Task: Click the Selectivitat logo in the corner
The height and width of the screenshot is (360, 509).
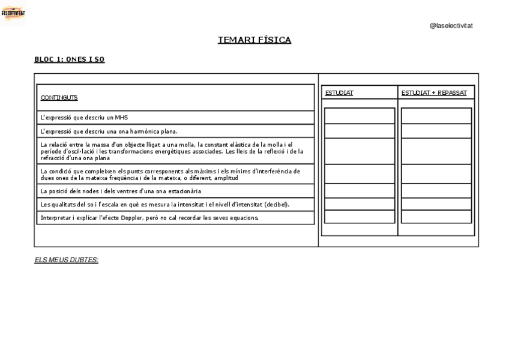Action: coord(13,13)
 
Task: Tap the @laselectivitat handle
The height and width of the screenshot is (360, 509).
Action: coord(451,26)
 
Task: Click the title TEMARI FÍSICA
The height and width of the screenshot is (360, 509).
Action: coord(254,40)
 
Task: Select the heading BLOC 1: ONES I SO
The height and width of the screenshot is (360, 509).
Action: coord(70,59)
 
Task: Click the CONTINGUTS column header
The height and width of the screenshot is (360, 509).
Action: coord(59,97)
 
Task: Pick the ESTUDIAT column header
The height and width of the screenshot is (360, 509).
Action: coord(339,93)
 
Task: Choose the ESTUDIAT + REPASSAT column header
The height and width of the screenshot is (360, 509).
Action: coord(434,93)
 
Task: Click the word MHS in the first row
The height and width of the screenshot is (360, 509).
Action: coord(122,118)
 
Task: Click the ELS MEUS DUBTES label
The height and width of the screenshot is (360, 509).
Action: coord(66,260)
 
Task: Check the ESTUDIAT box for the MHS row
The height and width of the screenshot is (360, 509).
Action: coord(360,116)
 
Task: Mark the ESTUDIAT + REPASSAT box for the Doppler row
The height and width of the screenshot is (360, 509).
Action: coord(436,218)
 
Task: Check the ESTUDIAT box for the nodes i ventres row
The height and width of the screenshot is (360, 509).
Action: coord(360,191)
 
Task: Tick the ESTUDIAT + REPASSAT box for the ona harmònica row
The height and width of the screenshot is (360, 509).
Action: coord(436,131)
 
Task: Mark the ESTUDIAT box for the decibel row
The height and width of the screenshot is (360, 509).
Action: coord(360,205)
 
